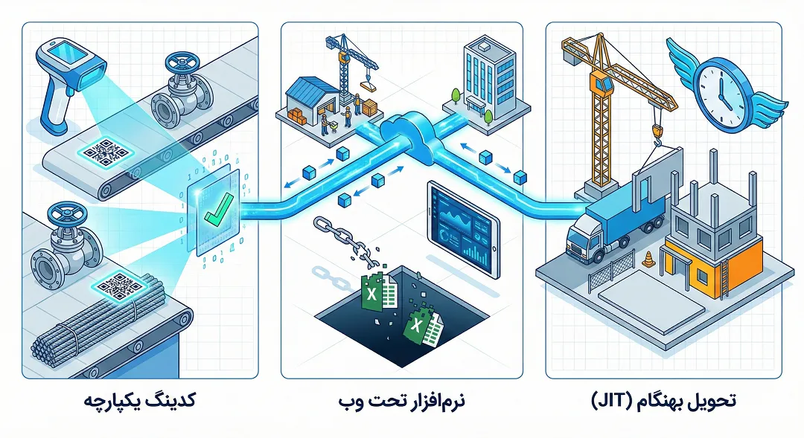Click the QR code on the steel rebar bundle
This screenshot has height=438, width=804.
click(x=120, y=286)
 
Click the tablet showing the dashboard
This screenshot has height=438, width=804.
click(x=463, y=229)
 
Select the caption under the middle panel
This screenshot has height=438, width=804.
click(x=401, y=400)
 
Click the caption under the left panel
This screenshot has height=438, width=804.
click(x=139, y=400)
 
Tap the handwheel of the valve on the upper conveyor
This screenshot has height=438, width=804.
click(x=180, y=63)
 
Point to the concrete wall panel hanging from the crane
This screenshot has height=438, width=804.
click(x=656, y=179)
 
